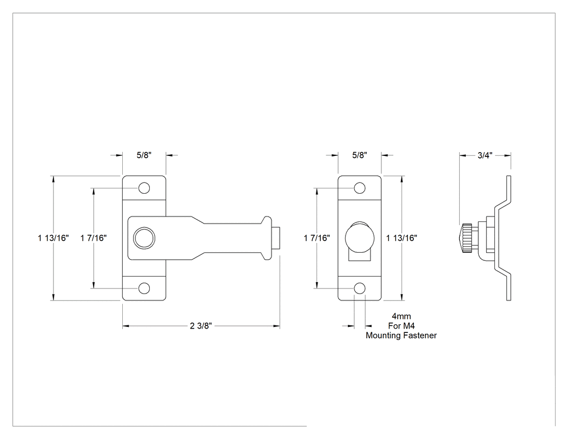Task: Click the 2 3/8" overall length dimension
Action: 201,326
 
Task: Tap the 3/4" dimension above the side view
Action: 485,155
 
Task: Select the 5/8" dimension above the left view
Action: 144,155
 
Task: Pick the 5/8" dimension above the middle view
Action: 359,155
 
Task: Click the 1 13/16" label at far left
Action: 53,238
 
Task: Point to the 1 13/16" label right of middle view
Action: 401,238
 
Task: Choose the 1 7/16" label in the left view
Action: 94,238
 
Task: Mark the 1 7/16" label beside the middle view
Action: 317,238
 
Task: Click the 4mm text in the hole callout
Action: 401,316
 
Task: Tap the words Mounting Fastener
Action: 401,335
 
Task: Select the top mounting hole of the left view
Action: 144,188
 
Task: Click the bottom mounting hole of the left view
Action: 144,288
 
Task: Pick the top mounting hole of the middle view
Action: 359,188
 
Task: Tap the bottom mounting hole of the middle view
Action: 359,288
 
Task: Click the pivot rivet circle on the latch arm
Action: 144,238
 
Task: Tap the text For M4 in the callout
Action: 401,325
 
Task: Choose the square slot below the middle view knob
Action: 359,256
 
